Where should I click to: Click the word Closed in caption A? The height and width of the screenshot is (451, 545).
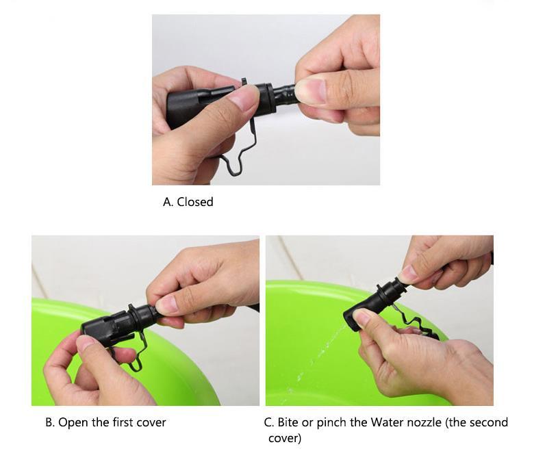point(195,202)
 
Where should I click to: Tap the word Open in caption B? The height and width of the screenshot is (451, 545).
point(73,422)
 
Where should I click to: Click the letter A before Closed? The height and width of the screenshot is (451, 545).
point(168,202)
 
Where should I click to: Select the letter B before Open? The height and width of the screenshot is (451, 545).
point(50,422)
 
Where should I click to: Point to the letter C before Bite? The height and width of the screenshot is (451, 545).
point(268,422)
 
